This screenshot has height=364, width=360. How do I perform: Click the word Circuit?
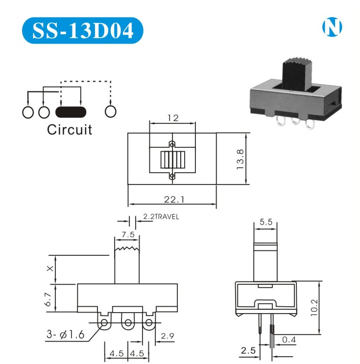tap(70, 130)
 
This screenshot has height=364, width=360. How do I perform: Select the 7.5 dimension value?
tap(128, 234)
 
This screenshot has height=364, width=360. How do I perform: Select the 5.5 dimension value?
tap(266, 222)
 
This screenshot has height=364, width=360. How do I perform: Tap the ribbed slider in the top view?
tap(171, 160)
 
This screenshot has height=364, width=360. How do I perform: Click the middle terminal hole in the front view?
tap(128, 323)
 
